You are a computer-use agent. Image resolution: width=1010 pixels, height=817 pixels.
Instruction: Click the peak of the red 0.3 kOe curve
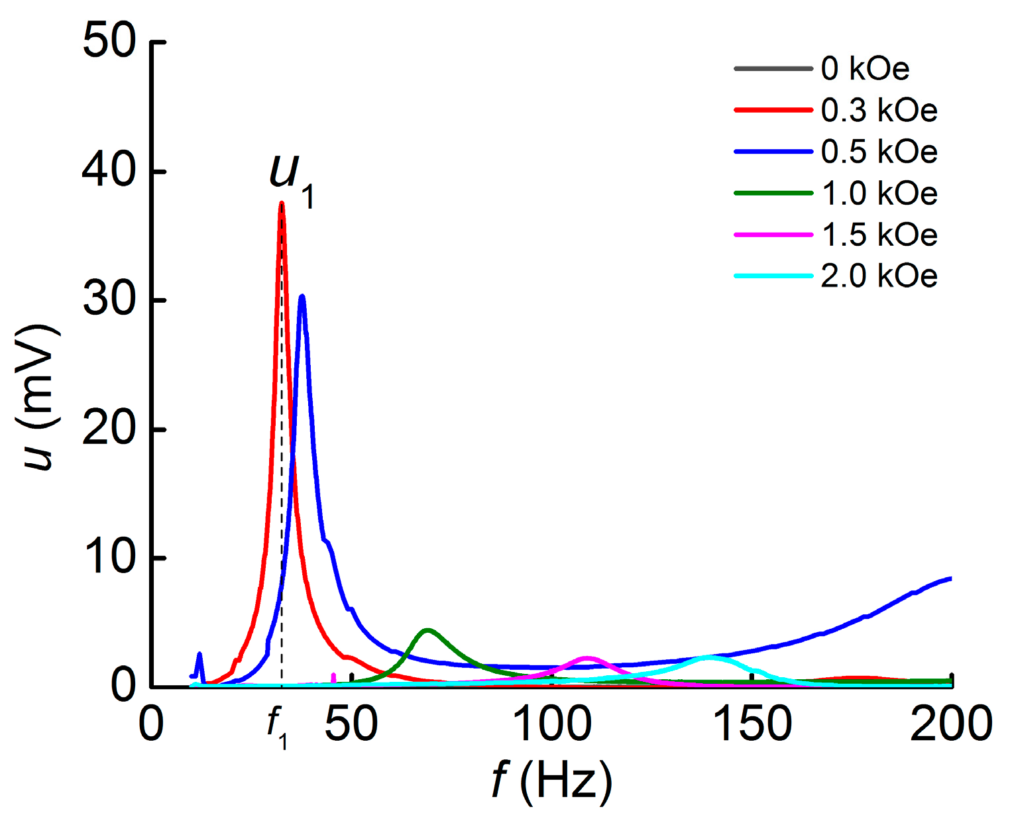[282, 203]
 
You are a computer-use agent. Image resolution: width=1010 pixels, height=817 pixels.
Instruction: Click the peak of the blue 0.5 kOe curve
[302, 296]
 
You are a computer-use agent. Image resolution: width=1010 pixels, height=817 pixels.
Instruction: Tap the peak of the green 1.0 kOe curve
[427, 630]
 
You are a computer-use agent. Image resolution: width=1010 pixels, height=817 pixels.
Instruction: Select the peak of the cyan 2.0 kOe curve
[709, 657]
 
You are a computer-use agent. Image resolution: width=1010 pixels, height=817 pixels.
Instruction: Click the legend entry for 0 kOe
[865, 69]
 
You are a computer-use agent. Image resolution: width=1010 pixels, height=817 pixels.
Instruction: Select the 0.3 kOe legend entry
[879, 110]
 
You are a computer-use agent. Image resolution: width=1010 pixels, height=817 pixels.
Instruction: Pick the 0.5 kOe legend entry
[879, 152]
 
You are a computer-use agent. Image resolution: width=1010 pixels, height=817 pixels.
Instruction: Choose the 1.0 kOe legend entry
[879, 193]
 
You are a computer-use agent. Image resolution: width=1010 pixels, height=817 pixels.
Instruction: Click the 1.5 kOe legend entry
[879, 235]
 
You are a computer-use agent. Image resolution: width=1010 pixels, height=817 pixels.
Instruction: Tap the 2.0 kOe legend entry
[879, 276]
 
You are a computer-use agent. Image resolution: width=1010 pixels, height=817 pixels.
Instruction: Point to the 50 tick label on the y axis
[109, 42]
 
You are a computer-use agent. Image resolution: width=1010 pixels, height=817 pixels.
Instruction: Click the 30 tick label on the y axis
[109, 300]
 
